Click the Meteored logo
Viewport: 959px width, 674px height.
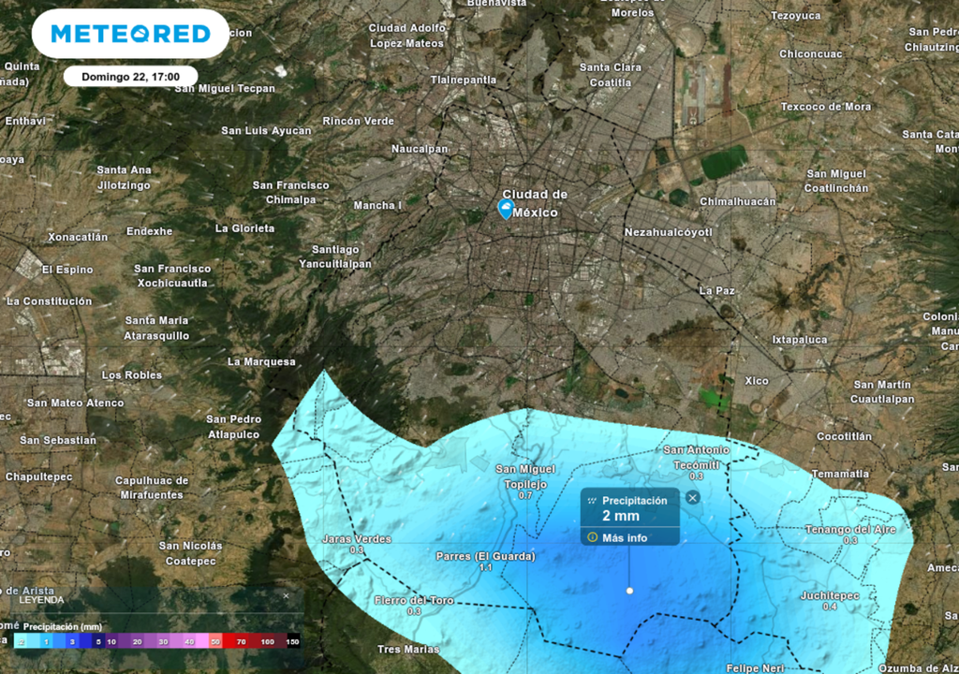click(x=130, y=35)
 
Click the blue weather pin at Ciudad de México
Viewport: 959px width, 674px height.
click(x=506, y=209)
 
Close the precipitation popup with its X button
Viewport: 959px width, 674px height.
click(x=692, y=497)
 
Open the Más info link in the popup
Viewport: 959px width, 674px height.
click(x=625, y=538)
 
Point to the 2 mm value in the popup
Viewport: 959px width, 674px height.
click(x=620, y=516)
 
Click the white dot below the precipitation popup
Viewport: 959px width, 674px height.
click(x=629, y=591)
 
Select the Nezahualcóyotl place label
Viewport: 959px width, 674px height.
click(x=668, y=232)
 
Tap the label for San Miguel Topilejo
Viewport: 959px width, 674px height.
click(x=525, y=476)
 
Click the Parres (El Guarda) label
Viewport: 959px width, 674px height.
click(x=485, y=556)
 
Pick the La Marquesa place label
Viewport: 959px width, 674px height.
click(x=261, y=361)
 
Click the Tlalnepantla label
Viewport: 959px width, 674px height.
click(x=464, y=81)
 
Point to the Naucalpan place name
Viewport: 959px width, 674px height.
click(x=420, y=149)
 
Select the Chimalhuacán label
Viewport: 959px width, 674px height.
click(x=737, y=202)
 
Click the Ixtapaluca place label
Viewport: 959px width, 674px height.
click(x=800, y=340)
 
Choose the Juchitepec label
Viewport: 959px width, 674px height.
click(x=829, y=595)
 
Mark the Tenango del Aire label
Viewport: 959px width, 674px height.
click(x=850, y=530)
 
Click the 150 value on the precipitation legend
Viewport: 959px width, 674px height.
click(x=292, y=641)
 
